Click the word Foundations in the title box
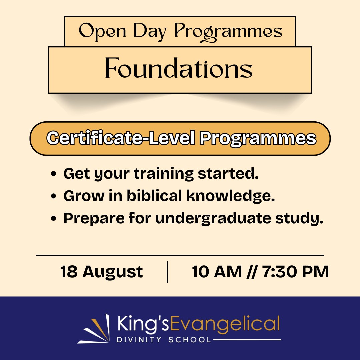point(179,69)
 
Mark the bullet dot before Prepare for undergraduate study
point(53,219)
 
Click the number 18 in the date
point(69,272)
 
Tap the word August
point(113,272)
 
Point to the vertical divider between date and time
point(167,272)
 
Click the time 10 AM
point(217,272)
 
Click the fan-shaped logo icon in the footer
point(95,328)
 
